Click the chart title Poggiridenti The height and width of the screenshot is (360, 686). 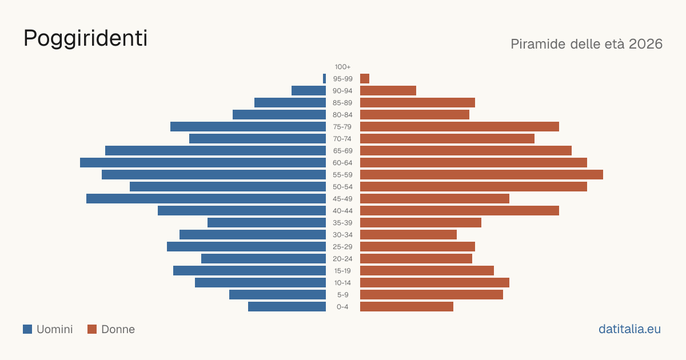pyautogui.click(x=85, y=39)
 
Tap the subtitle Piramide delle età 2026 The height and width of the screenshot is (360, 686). pyautogui.click(x=587, y=44)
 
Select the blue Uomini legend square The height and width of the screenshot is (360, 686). pyautogui.click(x=27, y=329)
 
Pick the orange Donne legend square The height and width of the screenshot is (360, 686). pyautogui.click(x=92, y=329)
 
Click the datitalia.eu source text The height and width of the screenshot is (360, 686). pyautogui.click(x=629, y=329)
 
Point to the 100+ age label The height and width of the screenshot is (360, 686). pyautogui.click(x=342, y=67)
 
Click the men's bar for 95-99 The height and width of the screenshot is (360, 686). pyautogui.click(x=324, y=79)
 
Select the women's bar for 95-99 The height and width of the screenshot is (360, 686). pyautogui.click(x=365, y=79)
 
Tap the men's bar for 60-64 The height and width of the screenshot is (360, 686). pyautogui.click(x=203, y=162)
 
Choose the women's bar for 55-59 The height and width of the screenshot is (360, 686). pyautogui.click(x=481, y=174)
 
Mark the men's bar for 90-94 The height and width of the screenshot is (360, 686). pyautogui.click(x=309, y=91)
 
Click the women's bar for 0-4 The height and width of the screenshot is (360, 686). pyautogui.click(x=406, y=307)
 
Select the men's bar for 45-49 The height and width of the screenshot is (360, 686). pyautogui.click(x=206, y=199)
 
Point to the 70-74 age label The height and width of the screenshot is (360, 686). pyautogui.click(x=342, y=139)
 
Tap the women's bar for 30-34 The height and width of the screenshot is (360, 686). pyautogui.click(x=408, y=234)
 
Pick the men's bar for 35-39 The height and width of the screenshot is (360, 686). pyautogui.click(x=267, y=222)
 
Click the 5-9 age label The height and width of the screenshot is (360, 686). pyautogui.click(x=342, y=295)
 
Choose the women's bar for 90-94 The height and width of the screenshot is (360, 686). pyautogui.click(x=388, y=91)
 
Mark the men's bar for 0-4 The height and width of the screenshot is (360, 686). pyautogui.click(x=287, y=307)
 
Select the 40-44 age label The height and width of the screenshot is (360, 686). pyautogui.click(x=342, y=211)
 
